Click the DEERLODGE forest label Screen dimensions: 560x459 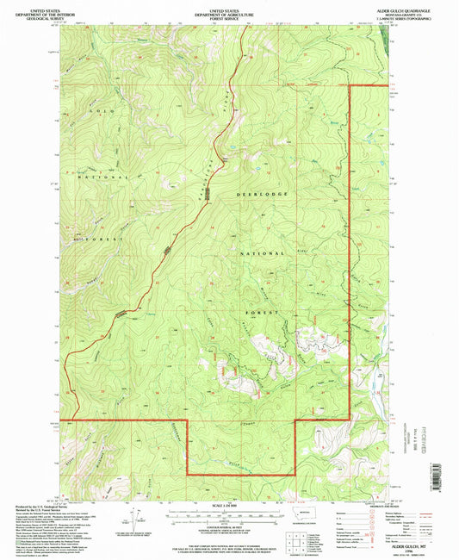pyautogui.click(x=264, y=195)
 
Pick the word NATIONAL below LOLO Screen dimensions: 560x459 pyautogui.click(x=106, y=177)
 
